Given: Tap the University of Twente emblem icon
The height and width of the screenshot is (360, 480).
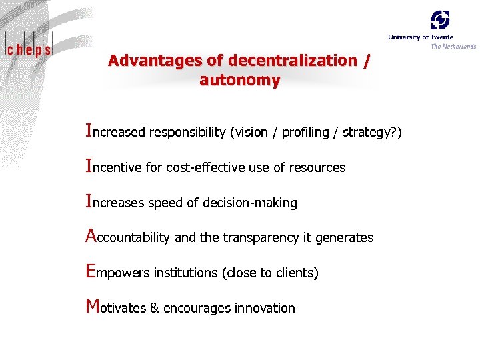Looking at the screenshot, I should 440,20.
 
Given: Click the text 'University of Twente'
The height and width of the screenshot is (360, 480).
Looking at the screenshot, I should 420,37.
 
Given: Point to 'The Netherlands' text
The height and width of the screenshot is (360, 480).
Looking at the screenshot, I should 453,46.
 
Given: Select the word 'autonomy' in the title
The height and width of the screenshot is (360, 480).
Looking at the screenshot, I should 240,81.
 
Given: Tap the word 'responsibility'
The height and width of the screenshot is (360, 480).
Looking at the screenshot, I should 187,132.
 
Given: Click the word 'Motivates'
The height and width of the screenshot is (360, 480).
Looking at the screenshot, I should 116,308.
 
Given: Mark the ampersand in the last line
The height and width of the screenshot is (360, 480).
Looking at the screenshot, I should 154,308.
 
